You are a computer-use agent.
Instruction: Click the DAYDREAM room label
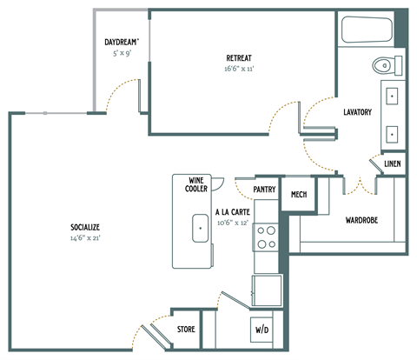(122, 41)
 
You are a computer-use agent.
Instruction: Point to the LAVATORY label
(357, 112)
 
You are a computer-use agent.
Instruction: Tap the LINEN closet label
(392, 163)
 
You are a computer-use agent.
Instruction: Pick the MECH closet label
(299, 194)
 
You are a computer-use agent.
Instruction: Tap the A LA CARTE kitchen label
(232, 210)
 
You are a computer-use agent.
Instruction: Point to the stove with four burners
(265, 237)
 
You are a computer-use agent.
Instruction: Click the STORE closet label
(186, 329)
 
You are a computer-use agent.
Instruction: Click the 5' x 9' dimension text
(122, 52)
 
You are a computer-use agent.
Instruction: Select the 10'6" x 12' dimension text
(232, 221)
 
